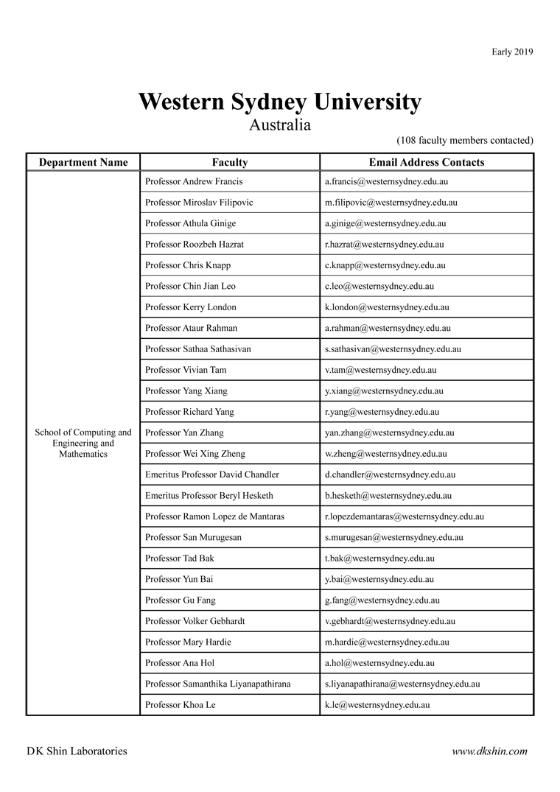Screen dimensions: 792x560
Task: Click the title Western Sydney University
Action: click(x=279, y=102)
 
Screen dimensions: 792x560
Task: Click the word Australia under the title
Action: click(x=279, y=125)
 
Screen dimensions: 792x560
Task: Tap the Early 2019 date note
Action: click(x=512, y=52)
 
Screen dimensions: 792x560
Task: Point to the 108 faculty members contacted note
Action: click(x=465, y=140)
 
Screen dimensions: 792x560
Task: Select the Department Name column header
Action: click(x=83, y=162)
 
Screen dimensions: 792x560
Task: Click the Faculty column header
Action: click(x=230, y=162)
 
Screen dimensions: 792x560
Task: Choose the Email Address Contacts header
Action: click(x=427, y=162)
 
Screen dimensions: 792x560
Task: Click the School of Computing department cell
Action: click(x=83, y=443)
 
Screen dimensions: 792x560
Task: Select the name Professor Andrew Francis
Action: click(x=194, y=181)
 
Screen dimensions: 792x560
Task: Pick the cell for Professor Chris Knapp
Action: click(x=189, y=265)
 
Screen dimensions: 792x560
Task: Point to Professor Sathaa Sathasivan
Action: click(x=198, y=349)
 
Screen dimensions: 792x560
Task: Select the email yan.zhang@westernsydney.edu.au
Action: click(x=389, y=432)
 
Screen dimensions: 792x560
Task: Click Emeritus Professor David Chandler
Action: click(x=212, y=474)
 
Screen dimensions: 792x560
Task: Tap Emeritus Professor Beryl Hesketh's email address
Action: click(x=388, y=496)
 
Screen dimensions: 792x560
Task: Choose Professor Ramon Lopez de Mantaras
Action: click(x=214, y=516)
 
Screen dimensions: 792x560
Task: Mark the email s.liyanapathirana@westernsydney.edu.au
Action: click(x=402, y=684)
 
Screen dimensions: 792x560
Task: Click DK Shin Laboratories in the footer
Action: click(x=77, y=751)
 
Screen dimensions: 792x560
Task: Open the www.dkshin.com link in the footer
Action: click(x=489, y=751)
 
